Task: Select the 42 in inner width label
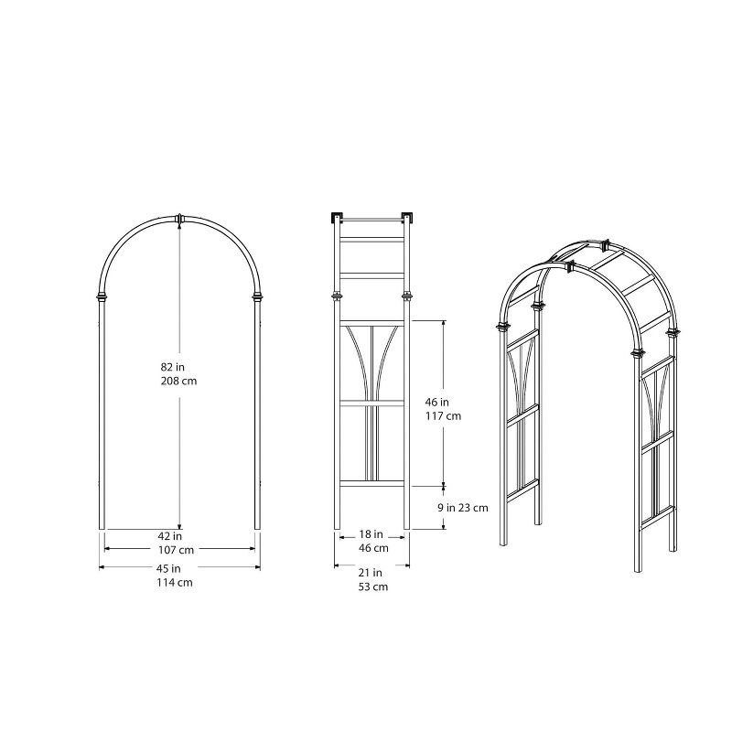pyautogui.click(x=179, y=536)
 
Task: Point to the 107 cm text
pyautogui.click(x=179, y=550)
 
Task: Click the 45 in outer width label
pyautogui.click(x=179, y=568)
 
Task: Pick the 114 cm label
pyautogui.click(x=179, y=582)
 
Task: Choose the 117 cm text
pyautogui.click(x=444, y=415)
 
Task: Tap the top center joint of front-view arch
pyautogui.click(x=179, y=219)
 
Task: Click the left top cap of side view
pyautogui.click(x=335, y=218)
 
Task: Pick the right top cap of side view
pyautogui.click(x=409, y=218)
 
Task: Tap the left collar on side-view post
pyautogui.click(x=337, y=296)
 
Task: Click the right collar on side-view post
pyautogui.click(x=406, y=296)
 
